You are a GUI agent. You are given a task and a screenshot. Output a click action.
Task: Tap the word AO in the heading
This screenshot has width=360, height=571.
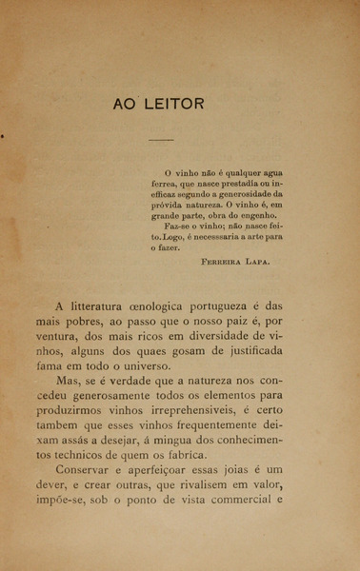pos(127,104)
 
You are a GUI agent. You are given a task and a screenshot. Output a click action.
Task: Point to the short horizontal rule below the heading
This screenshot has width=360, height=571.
pos(161,139)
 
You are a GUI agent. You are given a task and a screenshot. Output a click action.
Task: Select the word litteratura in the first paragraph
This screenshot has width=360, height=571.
pos(104,306)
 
